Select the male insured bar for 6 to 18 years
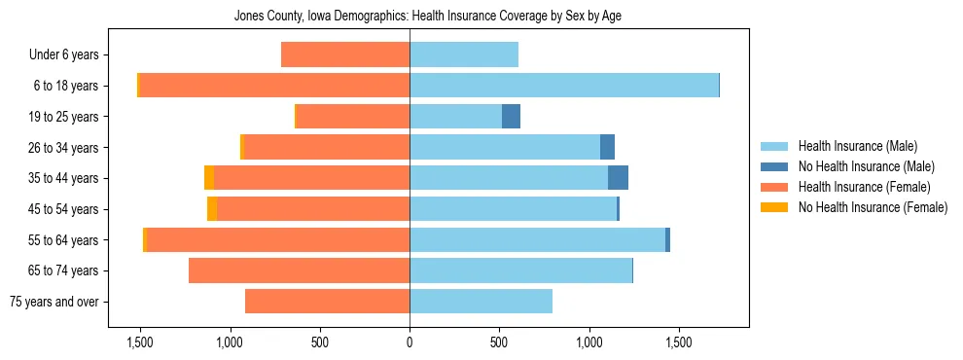(x=563, y=86)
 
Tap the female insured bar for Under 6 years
(x=344, y=54)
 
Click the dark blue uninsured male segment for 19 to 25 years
(x=511, y=117)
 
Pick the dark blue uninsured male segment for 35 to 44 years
(x=618, y=178)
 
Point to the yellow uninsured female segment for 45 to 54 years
(x=212, y=209)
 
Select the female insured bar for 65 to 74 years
(x=299, y=270)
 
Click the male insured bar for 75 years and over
(x=481, y=302)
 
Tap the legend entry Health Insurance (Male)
(x=857, y=146)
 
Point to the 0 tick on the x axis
(x=410, y=342)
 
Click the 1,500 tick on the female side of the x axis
(x=140, y=342)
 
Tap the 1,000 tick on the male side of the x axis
(x=588, y=342)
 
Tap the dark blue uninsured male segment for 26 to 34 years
(x=607, y=148)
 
